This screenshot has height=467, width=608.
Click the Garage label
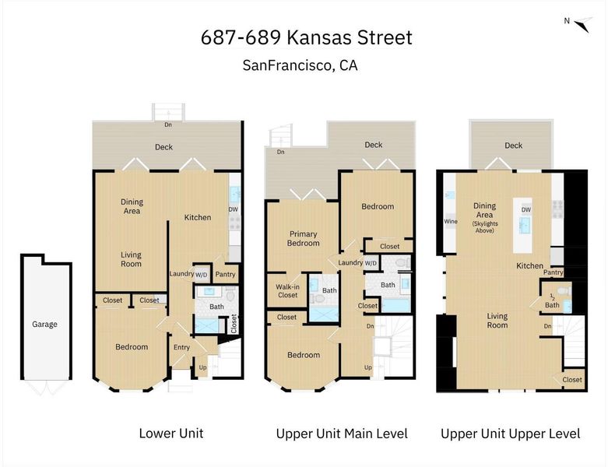click(44, 324)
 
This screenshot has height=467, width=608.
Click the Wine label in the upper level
click(451, 221)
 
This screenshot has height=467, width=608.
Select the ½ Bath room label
click(552, 301)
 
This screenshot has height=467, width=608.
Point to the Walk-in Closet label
click(287, 291)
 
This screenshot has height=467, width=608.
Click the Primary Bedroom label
click(304, 238)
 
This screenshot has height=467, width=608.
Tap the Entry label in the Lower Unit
click(181, 347)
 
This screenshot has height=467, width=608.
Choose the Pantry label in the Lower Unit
click(225, 275)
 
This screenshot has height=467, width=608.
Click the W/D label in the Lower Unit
click(202, 275)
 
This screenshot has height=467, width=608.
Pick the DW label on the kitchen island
click(526, 209)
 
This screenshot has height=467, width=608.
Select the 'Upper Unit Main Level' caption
click(342, 434)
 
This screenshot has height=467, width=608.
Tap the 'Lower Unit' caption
click(171, 434)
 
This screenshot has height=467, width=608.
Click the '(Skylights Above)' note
click(485, 227)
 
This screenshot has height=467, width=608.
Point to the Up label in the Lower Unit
click(202, 367)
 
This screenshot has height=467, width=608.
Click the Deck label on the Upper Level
click(513, 146)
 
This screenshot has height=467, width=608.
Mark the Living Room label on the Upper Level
click(497, 321)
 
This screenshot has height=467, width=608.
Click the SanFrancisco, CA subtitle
click(300, 65)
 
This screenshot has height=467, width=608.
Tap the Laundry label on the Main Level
click(350, 262)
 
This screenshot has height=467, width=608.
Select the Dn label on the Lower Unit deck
click(168, 125)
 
